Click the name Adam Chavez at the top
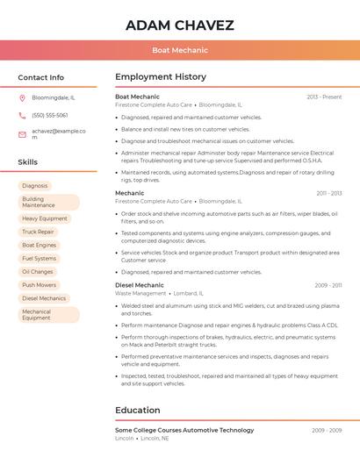179,25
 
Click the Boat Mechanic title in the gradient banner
179,51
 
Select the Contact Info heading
40,77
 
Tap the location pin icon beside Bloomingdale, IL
22,98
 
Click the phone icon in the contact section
22,115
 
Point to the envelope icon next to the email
22,134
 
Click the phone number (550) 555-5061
50,115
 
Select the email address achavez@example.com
58,133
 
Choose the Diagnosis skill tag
35,186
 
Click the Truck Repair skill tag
38,232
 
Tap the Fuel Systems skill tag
39,259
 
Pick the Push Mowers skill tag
39,285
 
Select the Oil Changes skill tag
38,272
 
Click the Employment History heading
161,77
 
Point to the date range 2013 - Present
324,97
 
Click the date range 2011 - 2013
329,193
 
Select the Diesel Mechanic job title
140,285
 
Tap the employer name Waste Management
141,294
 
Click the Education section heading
138,410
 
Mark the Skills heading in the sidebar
28,162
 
